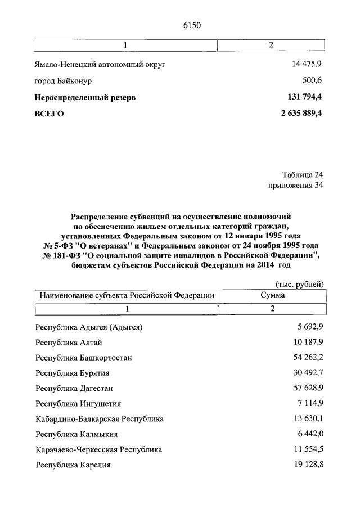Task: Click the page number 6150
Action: click(192, 25)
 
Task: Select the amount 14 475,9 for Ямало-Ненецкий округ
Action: click(307, 64)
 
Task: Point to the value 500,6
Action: click(312, 80)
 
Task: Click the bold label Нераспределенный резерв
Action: click(85, 97)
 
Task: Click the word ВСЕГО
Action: click(49, 114)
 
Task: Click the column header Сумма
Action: click(272, 295)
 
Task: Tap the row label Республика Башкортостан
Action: click(84, 357)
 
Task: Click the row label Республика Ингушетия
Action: click(78, 403)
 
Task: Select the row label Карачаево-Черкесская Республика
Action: click(98, 449)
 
